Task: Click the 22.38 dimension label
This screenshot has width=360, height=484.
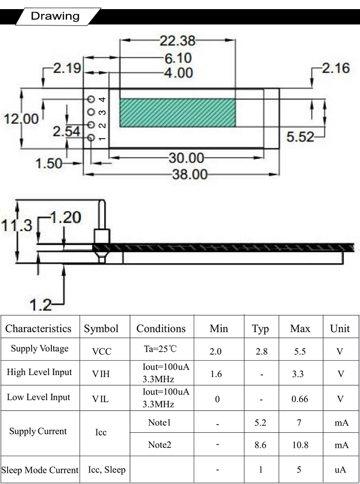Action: pyautogui.click(x=178, y=41)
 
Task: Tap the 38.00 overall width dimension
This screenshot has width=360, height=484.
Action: pyautogui.click(x=190, y=175)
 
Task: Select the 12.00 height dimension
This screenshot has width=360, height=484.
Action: pyautogui.click(x=21, y=119)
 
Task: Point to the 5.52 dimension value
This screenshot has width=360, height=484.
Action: pyautogui.click(x=300, y=137)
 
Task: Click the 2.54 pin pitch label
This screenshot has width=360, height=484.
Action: pyautogui.click(x=66, y=131)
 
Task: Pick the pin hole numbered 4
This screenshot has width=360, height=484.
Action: pyautogui.click(x=91, y=99)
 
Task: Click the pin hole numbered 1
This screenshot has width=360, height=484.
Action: pyautogui.click(x=91, y=138)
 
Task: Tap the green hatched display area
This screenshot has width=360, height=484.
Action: pyautogui.click(x=178, y=113)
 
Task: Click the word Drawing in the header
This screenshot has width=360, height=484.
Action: pyautogui.click(x=55, y=16)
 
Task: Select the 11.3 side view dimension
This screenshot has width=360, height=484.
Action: pyautogui.click(x=17, y=225)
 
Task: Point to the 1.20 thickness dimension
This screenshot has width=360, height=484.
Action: pyautogui.click(x=66, y=218)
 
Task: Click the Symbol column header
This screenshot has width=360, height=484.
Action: pyautogui.click(x=101, y=329)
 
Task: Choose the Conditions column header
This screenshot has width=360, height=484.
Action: pyautogui.click(x=161, y=329)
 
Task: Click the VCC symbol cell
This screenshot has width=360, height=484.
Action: pyautogui.click(x=102, y=351)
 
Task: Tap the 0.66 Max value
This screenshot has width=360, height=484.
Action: pyautogui.click(x=300, y=399)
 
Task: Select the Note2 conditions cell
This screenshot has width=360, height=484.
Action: pyautogui.click(x=159, y=445)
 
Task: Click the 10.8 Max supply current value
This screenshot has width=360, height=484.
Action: pyautogui.click(x=300, y=445)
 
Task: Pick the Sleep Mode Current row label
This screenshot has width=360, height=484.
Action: pyautogui.click(x=40, y=470)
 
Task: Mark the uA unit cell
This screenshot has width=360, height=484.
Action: pyautogui.click(x=340, y=470)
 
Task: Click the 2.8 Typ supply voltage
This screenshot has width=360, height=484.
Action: pyautogui.click(x=262, y=351)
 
